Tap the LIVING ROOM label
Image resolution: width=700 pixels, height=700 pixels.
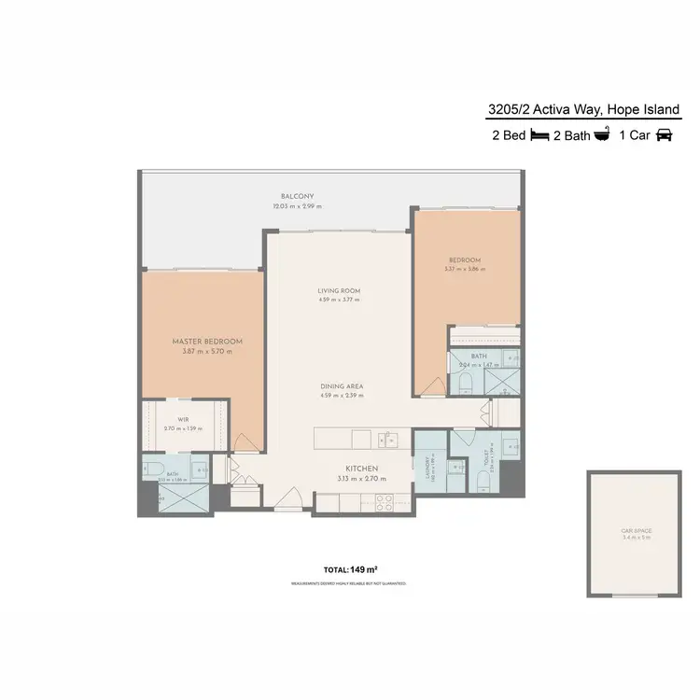339,291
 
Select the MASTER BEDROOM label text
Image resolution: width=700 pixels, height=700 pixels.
207,342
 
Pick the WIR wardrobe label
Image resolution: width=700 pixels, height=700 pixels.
183,420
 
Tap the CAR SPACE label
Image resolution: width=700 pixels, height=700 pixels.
637,531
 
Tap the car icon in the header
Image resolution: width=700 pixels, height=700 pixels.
664,135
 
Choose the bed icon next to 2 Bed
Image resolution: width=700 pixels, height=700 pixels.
540,135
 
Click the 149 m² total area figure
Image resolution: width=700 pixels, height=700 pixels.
364,568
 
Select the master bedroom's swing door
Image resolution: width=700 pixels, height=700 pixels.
241,442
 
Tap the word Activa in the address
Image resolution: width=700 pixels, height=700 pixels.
553,110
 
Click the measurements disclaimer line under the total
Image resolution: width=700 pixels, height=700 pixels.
348,583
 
